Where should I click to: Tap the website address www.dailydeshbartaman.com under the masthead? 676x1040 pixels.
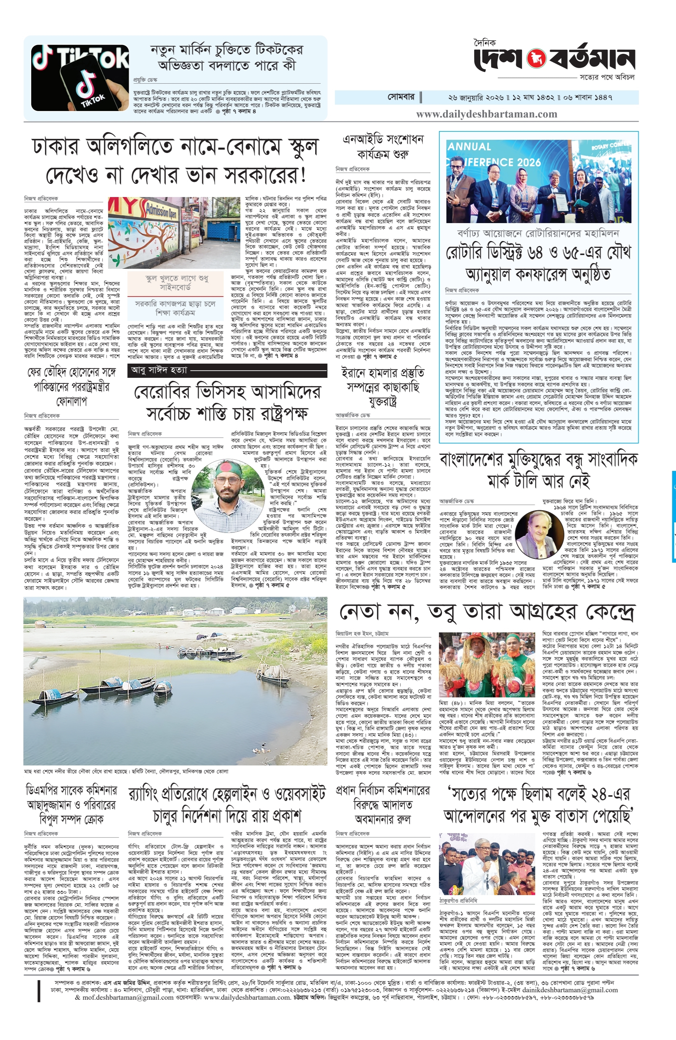tap(486, 114)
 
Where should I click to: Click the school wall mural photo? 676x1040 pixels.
tap(174, 233)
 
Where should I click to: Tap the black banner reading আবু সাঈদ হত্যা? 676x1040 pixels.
tap(227, 370)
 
